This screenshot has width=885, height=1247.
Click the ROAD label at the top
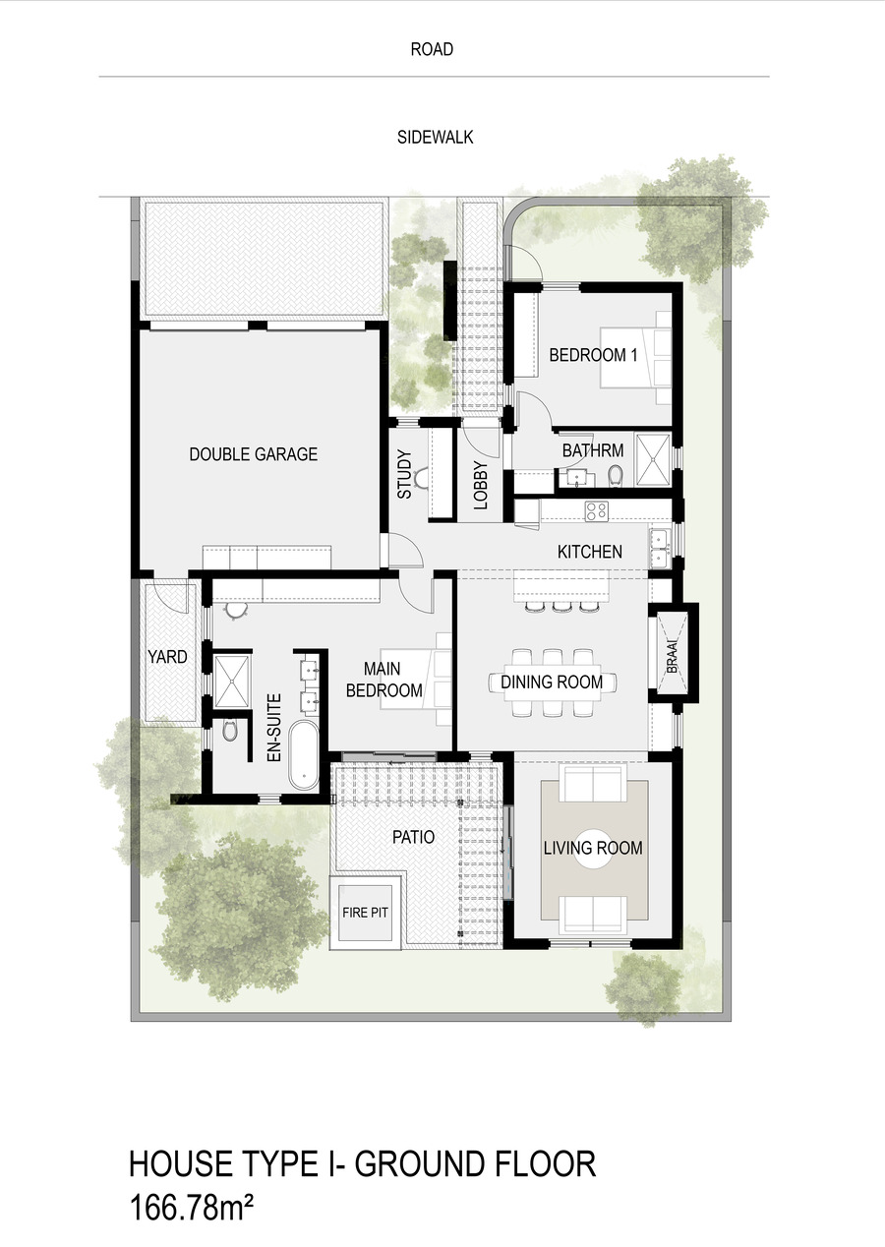tap(432, 49)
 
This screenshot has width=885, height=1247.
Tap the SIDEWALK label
tap(436, 138)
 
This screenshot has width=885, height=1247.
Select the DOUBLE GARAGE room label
tap(254, 454)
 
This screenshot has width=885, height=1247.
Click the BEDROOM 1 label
tap(593, 355)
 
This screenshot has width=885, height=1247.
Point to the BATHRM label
tap(593, 450)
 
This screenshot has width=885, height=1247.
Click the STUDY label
tap(405, 474)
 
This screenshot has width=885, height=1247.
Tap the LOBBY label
tap(480, 486)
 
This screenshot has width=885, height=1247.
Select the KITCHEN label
tap(590, 552)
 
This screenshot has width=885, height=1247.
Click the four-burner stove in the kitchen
tap(596, 511)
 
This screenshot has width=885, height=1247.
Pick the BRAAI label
tap(673, 657)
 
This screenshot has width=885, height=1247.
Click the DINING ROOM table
tap(553, 682)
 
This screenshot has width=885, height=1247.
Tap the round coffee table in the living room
tap(593, 848)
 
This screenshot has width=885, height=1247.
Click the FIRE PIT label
tap(365, 913)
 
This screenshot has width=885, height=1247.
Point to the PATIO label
tap(413, 837)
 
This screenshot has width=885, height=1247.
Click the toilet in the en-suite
tap(229, 730)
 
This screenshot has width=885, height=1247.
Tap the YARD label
tap(167, 657)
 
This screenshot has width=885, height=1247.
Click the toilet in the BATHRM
tap(615, 476)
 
